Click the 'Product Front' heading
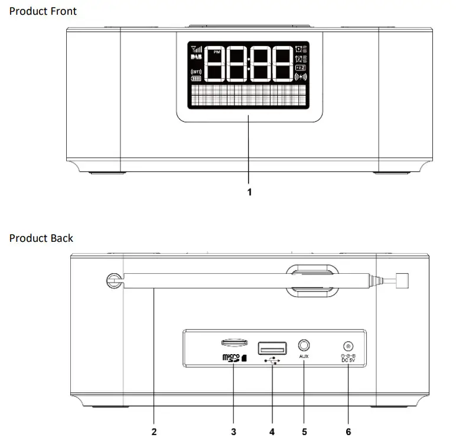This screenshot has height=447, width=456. (x=43, y=11)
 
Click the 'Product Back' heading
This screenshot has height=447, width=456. (x=41, y=238)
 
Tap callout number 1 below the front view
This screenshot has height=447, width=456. (x=249, y=192)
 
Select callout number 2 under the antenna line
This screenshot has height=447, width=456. (x=154, y=432)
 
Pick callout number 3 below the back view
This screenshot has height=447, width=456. (x=233, y=432)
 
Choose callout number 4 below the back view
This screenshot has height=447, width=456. (x=272, y=432)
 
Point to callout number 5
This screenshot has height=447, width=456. (x=304, y=432)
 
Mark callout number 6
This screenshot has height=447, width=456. (x=348, y=432)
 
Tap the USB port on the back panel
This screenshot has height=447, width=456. (x=272, y=347)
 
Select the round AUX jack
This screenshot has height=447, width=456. (x=305, y=345)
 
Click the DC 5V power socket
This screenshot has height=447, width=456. (x=348, y=346)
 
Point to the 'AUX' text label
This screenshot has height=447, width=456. (x=305, y=357)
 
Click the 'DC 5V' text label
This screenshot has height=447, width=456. (x=348, y=358)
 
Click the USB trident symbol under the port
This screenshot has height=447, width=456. (x=272, y=361)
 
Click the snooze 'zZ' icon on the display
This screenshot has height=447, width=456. (x=300, y=68)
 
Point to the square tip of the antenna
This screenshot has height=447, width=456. (x=403, y=280)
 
